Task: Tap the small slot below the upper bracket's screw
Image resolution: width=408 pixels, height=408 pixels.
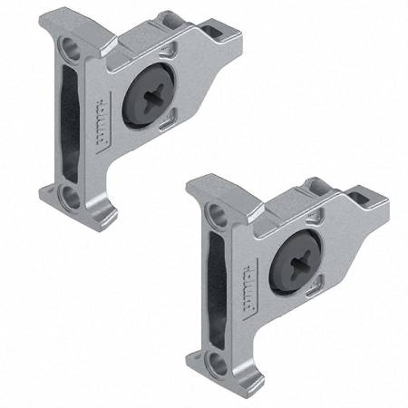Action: [x=162, y=127]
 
